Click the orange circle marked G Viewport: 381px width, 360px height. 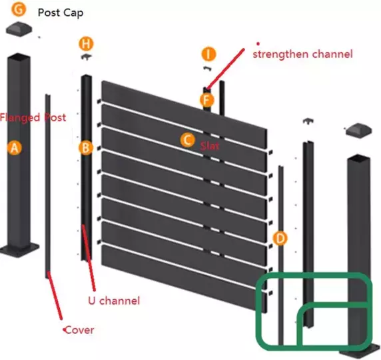19,11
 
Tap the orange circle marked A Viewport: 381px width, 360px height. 15,148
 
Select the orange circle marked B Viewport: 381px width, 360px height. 85,148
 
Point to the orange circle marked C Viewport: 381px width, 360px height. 188,139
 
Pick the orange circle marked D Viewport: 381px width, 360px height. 281,237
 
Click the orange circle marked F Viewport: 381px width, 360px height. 208,100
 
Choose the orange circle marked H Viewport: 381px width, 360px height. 86,44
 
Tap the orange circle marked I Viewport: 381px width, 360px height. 208,54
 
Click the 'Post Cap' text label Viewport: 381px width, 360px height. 61,13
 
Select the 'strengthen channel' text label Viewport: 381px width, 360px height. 302,53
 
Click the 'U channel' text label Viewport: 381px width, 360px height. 114,301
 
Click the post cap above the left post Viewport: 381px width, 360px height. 20,28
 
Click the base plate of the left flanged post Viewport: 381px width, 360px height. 20,251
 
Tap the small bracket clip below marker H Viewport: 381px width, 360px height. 86,57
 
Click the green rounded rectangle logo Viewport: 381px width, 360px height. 314,311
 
